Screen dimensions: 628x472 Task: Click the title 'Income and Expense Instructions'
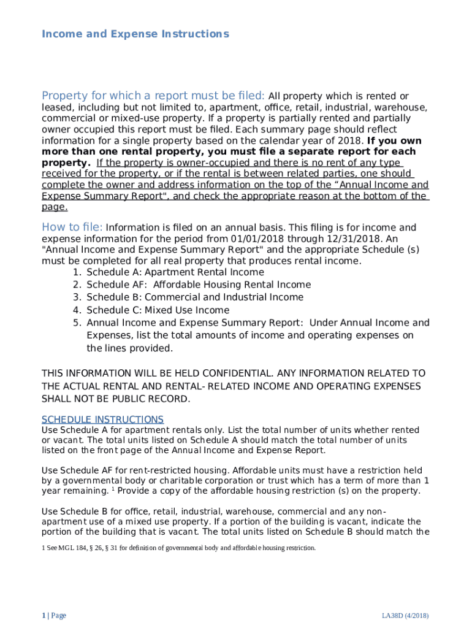(x=135, y=34)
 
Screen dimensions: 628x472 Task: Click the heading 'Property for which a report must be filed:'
(x=153, y=96)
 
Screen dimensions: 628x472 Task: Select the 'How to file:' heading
(x=72, y=227)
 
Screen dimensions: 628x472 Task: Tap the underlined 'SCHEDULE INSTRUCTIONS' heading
(x=102, y=419)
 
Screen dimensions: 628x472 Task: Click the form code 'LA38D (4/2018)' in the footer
(x=405, y=615)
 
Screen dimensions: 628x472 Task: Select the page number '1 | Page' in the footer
(x=54, y=615)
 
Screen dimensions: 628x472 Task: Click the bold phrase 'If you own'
(x=394, y=141)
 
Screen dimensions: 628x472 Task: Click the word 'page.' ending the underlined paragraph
(x=55, y=207)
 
